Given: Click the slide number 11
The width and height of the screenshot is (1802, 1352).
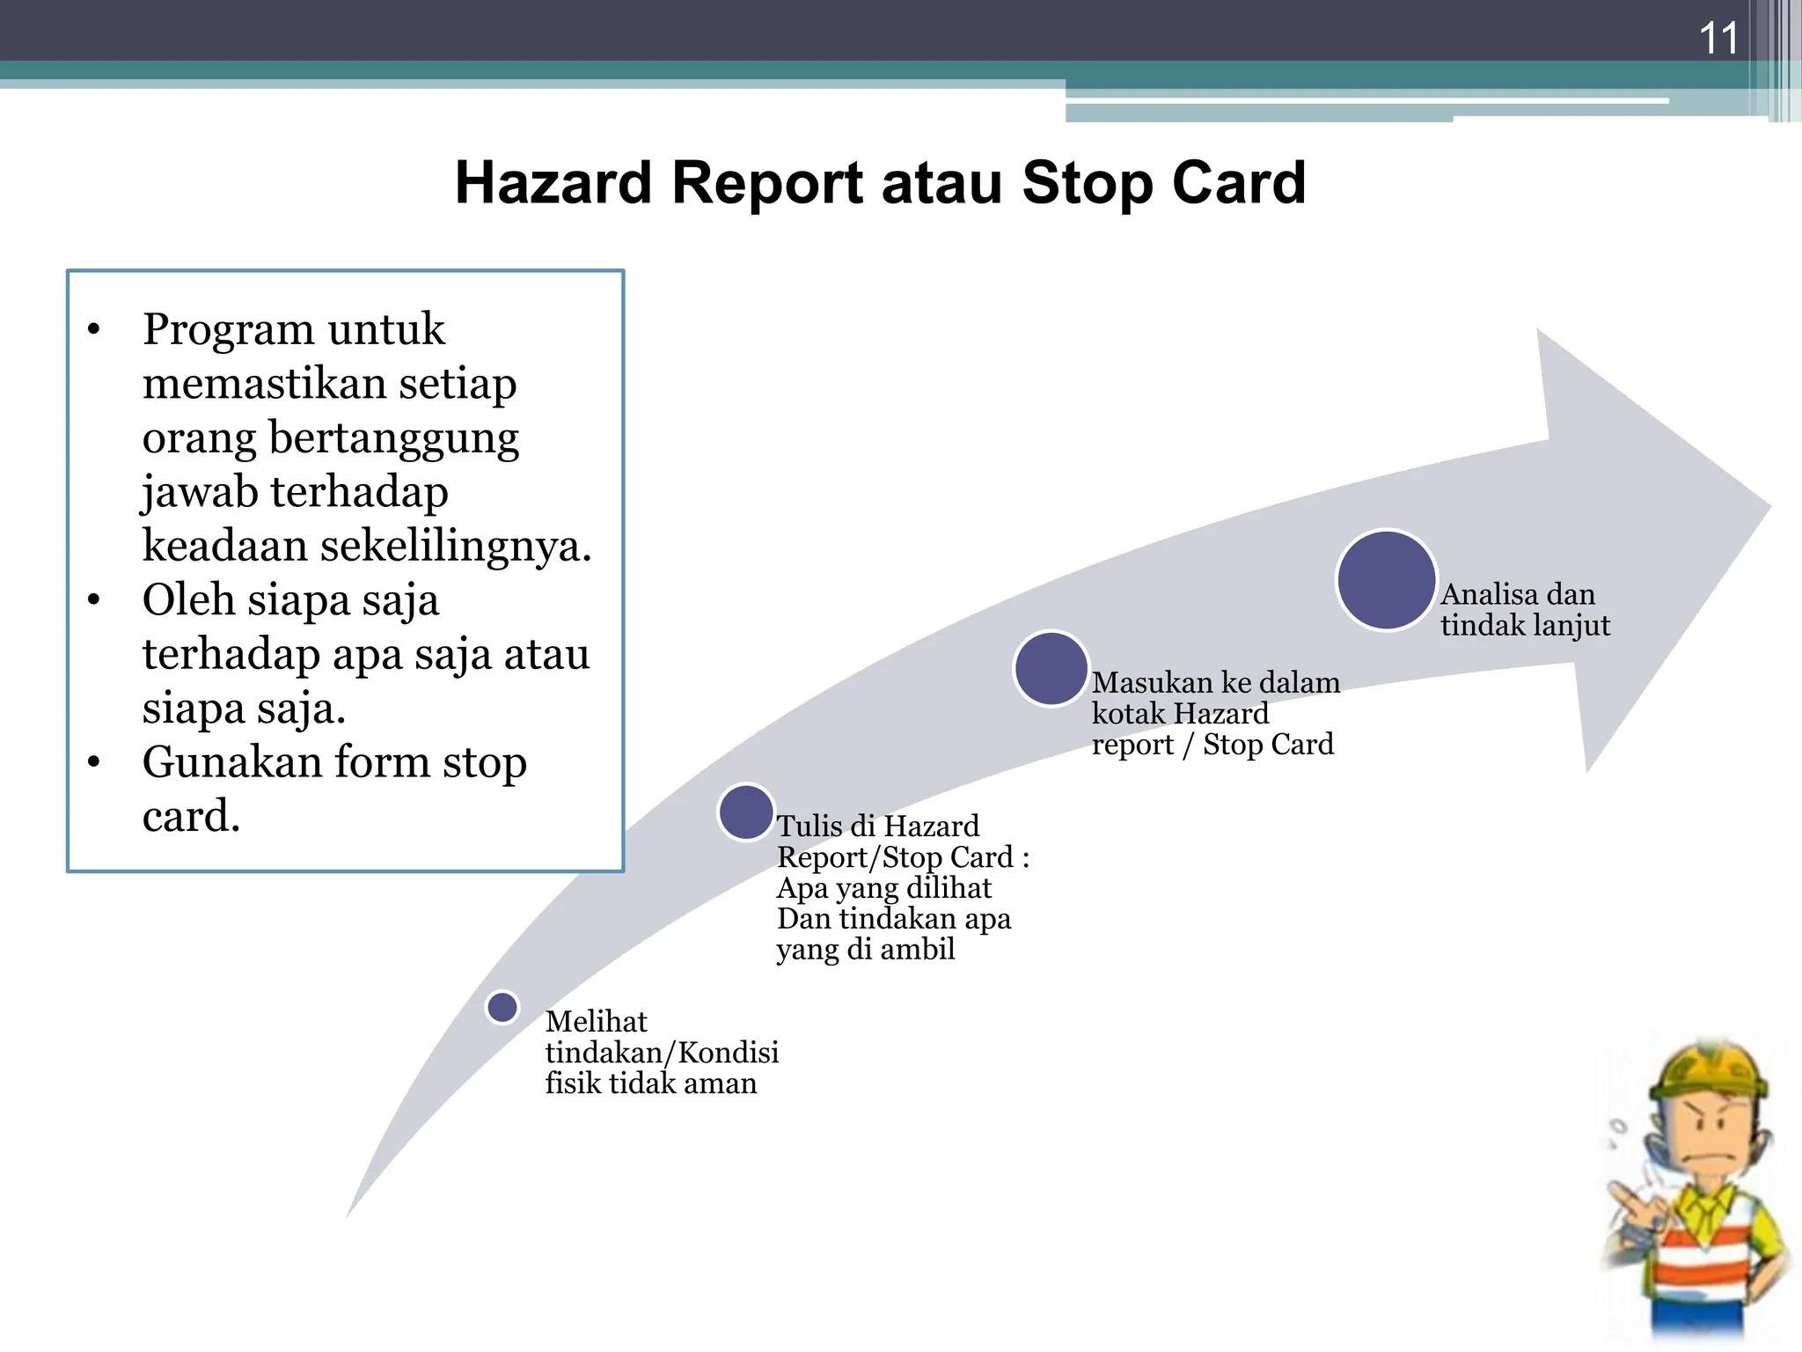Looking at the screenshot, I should (x=1718, y=39).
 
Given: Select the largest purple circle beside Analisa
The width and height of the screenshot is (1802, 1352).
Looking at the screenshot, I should (x=1386, y=580).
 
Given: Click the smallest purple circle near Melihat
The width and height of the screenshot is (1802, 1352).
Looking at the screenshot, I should (x=502, y=1007).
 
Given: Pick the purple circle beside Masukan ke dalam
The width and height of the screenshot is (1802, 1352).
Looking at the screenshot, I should (x=1051, y=668).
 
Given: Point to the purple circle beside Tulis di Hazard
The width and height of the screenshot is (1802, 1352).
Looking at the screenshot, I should (x=745, y=812).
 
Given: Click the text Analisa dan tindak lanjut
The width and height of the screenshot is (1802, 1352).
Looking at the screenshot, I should (x=1524, y=609).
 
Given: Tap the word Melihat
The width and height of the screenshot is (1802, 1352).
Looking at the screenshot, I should (x=596, y=1021).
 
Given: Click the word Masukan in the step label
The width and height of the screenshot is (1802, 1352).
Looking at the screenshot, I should (x=1152, y=682).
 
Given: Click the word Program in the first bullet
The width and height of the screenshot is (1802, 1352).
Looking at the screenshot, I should (x=228, y=329).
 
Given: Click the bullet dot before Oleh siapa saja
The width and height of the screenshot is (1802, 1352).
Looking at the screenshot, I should (x=94, y=600).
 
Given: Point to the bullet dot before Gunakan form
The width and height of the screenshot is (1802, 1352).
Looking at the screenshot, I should (x=94, y=762).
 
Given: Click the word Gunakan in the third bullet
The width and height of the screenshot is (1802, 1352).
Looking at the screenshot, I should (x=230, y=762).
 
